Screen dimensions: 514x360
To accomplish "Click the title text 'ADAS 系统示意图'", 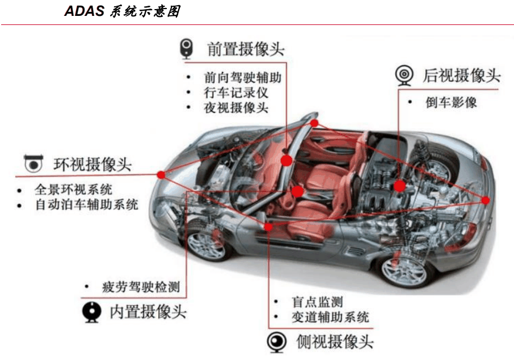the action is coord(123,11).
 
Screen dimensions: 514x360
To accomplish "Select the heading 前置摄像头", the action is coord(246,49).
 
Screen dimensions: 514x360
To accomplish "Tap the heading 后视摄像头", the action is coord(462,76).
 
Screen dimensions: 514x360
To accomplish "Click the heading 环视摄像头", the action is coord(92,165).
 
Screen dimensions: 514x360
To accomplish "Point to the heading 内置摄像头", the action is coord(148,311).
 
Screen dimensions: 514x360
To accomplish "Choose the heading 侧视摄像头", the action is coord(335,342).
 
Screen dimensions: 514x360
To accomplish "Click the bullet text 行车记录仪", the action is coord(236,93).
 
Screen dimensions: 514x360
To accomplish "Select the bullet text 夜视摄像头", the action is coord(236,108).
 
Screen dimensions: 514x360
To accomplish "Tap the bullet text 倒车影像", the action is coord(451,102).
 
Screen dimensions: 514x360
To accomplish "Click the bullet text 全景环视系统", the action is coord(73,189).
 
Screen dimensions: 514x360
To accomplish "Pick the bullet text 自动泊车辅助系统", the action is coord(87,204).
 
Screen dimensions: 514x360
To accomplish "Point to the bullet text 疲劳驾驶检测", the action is coord(141,287).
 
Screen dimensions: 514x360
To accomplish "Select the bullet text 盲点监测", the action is coord(317,302).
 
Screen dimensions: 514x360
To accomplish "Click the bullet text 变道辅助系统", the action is coord(330,317).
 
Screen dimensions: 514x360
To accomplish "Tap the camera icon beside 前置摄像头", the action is coord(186,49).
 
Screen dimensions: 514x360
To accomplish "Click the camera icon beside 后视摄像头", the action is coord(404,76).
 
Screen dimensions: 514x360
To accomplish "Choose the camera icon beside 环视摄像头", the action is coord(33,164).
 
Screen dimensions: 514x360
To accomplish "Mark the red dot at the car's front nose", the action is coord(161,175).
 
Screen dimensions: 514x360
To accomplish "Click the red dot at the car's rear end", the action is coord(486,200).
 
